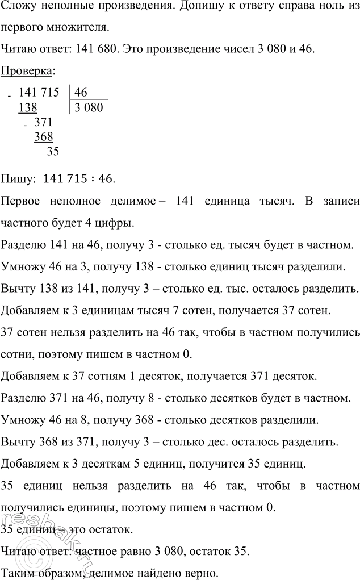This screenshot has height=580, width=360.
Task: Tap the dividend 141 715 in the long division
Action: [38, 93]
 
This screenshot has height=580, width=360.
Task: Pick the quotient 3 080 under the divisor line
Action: [88, 107]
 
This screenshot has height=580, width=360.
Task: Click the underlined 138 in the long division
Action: [28, 107]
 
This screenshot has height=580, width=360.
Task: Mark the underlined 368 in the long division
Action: [43, 136]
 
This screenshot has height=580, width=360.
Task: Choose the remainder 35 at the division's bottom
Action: [52, 151]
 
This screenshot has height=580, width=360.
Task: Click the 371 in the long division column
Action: [44, 122]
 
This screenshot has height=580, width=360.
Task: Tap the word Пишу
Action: [17, 179]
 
